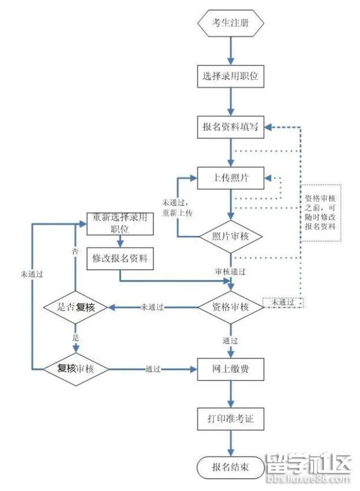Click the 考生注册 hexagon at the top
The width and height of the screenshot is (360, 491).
pos(230,23)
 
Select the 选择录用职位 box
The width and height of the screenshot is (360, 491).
pos(230,75)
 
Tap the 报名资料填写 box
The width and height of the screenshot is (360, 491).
pos(230,127)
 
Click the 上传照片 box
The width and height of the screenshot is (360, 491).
pos(230,178)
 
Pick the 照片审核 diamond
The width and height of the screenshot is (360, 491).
pos(230,236)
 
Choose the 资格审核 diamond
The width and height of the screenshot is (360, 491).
pos(230,307)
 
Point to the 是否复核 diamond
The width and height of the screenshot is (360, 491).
pos(76,307)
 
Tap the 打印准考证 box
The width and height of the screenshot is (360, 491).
pos(230,420)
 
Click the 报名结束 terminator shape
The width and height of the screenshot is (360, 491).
pos(230,467)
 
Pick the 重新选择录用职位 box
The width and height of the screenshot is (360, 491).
pos(120,223)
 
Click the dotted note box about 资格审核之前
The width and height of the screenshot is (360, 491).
pos(321,212)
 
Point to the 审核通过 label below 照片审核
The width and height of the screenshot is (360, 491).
pos(230,272)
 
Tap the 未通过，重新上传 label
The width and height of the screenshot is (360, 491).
pos(178,208)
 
